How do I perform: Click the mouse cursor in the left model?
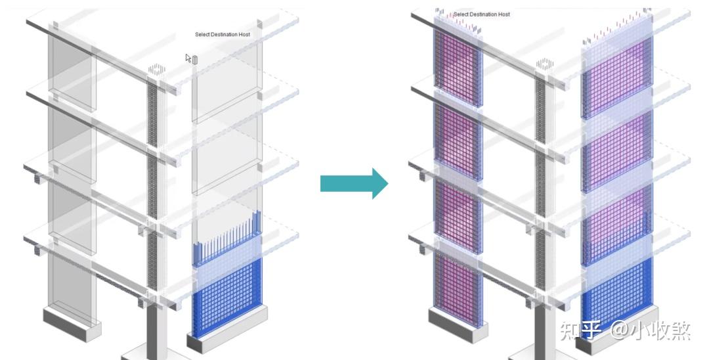pos(189,58)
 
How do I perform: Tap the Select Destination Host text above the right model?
pos(481,14)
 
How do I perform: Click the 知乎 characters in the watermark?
pos(580,330)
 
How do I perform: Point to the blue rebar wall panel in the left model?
pos(225,296)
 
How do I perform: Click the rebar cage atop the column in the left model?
pos(156,70)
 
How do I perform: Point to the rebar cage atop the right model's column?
pos(544,65)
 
